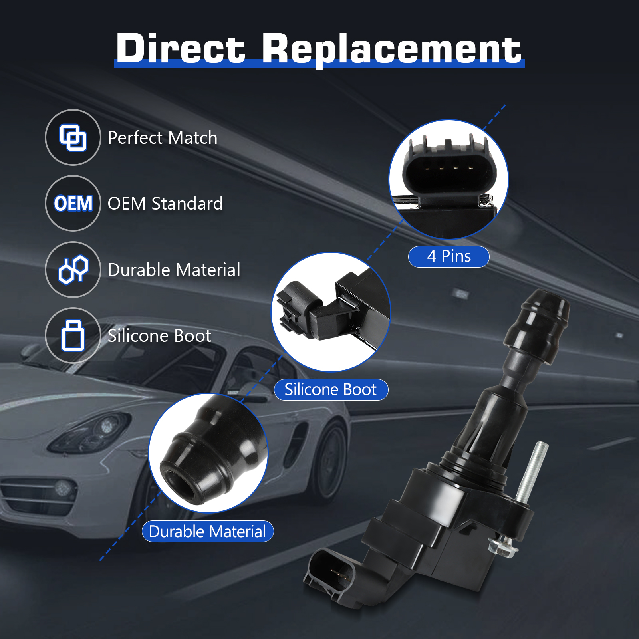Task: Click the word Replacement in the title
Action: (x=392, y=50)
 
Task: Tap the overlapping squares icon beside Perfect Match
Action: (x=73, y=137)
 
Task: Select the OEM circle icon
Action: (x=73, y=203)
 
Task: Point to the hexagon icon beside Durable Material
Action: (x=73, y=270)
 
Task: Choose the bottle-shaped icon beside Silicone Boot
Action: (x=73, y=335)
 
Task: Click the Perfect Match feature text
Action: (x=163, y=138)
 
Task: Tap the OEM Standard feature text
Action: (x=165, y=204)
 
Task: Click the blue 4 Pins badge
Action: (x=449, y=256)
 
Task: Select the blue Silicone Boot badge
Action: (x=331, y=390)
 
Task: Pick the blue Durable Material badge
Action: (x=208, y=532)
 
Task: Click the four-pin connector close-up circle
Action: (x=449, y=180)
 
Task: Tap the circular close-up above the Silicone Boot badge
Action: (x=331, y=312)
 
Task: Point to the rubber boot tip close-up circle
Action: (x=208, y=452)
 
